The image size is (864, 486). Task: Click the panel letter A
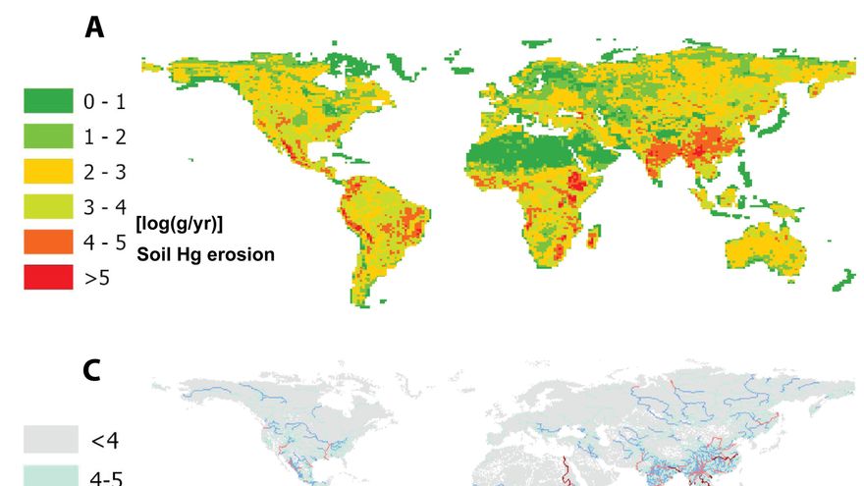94,27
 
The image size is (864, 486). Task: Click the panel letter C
92,369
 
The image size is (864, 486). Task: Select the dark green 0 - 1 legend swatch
48,100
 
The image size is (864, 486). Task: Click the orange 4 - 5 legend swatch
48,242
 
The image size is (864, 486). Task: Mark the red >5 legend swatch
48,278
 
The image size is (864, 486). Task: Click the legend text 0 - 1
105,101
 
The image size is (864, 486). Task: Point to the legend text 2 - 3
105,172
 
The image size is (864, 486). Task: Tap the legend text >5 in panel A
97,279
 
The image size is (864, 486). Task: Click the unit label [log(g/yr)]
180,224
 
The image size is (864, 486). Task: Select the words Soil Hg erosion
204,254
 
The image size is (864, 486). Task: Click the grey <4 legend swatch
50,439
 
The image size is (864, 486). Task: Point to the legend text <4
105,440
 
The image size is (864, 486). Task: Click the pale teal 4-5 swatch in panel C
50,475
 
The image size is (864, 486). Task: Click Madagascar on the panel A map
595,237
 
